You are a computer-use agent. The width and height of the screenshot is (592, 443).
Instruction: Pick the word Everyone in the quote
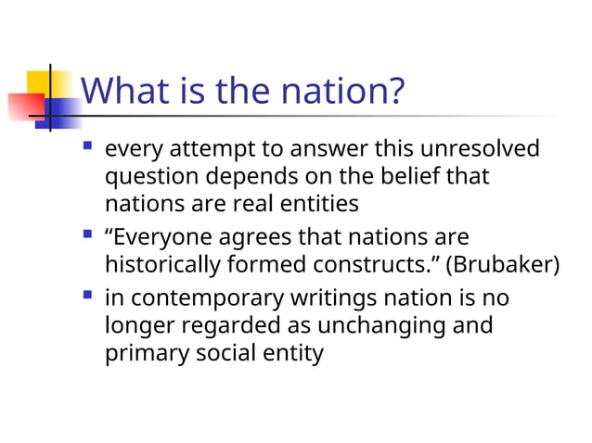[x=161, y=237]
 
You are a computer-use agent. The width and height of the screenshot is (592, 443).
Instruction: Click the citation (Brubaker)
[x=504, y=264]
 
